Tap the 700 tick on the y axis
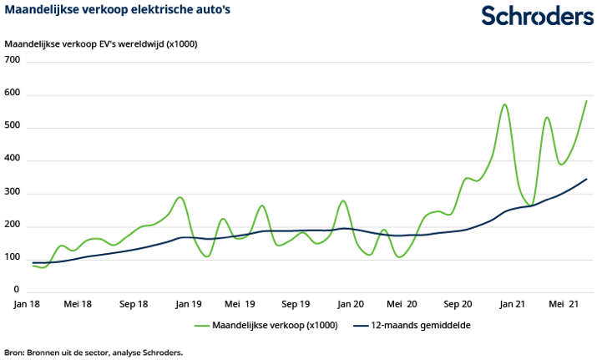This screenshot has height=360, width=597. pos(13,61)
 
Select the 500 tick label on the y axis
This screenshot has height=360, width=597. pos(13,127)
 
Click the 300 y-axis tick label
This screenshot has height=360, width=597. pos(13,193)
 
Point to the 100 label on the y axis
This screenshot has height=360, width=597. pos(13,259)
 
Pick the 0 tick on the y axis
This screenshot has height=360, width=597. pos(16,290)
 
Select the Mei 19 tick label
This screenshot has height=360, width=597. pos(240,305)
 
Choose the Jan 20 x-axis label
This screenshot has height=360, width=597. pos(350,305)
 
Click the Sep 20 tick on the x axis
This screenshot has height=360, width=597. pos(458,305)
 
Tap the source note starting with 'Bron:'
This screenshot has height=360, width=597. pos(94,352)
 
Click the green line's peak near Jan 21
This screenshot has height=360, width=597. pos(505,105)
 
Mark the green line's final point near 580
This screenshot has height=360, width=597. pos(586,101)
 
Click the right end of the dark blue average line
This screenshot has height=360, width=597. pos(586,179)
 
